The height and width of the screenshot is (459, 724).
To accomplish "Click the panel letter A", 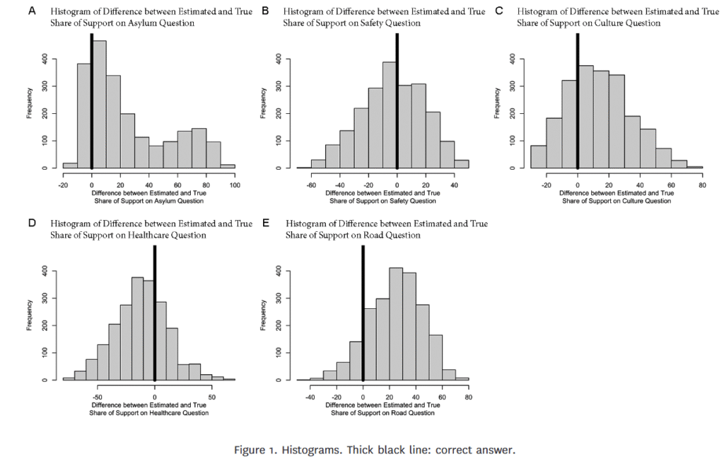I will [x=31, y=11].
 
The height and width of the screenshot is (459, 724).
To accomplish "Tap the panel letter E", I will [x=266, y=223].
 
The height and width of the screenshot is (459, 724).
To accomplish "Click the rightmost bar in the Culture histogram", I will [x=695, y=167].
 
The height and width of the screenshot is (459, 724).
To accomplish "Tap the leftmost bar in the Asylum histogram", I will [x=70, y=165].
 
